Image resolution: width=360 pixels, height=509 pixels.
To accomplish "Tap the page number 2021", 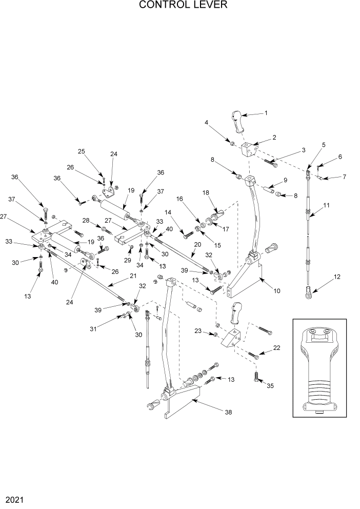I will click(14, 499).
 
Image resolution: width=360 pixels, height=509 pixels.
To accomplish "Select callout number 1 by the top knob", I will click(266, 112).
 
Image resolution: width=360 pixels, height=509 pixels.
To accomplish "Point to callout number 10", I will click(277, 291).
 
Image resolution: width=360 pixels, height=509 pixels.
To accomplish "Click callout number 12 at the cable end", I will click(337, 278).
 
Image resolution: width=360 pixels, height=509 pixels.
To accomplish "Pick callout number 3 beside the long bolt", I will click(303, 150).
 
